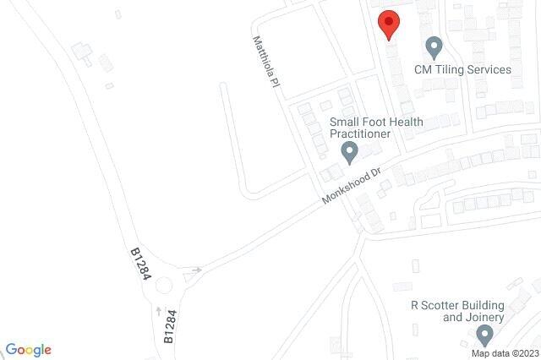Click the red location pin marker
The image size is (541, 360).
click(388, 24)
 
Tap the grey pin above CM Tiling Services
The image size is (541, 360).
click(434, 46)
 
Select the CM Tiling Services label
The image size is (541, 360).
click(462, 69)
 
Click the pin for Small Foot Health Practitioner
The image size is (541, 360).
click(349, 153)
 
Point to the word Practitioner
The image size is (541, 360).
click(361, 134)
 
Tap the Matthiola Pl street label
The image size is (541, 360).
click(266, 62)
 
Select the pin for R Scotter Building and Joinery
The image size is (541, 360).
click(484, 335)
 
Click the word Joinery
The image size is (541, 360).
click(484, 318)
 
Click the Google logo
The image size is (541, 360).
click(28, 350)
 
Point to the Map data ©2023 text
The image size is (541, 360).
click(505, 353)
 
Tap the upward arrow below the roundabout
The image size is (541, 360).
click(156, 311)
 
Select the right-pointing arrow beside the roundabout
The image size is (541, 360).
click(197, 270)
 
